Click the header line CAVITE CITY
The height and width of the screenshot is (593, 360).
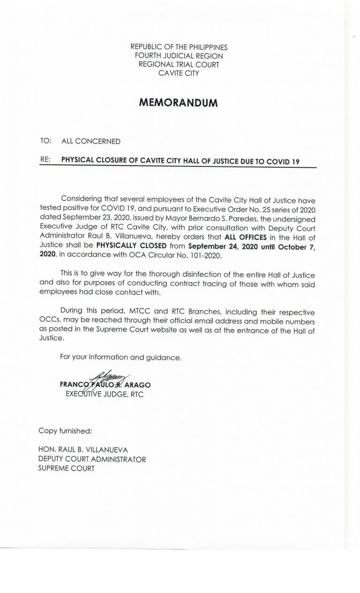[x=180, y=72]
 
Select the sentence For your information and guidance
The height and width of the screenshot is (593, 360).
[x=121, y=358]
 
